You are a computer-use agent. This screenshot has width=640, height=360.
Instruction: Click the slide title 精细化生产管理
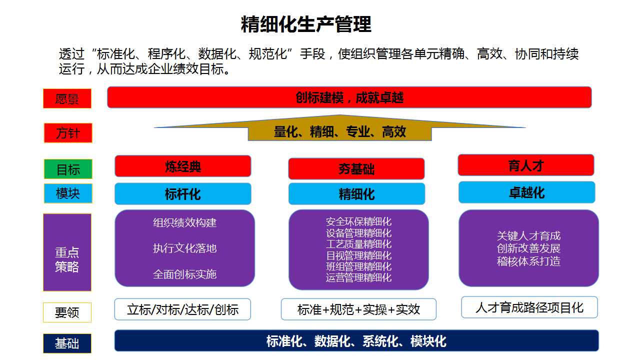pos(306,24)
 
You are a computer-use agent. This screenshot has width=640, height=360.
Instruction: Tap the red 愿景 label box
pos(67,98)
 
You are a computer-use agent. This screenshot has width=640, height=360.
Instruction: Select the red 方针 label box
pos(68,133)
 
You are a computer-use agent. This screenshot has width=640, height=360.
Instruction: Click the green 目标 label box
pos(68,169)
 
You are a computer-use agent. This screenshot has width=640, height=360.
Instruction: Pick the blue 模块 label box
pos(68,193)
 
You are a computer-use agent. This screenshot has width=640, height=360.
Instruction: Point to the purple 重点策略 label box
pos(67,252)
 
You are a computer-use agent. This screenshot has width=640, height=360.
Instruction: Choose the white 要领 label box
pos(67,312)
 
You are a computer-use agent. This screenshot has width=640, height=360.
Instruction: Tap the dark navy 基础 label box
pos(67,343)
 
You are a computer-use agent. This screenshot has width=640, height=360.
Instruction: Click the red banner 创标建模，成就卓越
pos(349,97)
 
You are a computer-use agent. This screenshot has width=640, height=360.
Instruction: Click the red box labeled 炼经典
pos(183,166)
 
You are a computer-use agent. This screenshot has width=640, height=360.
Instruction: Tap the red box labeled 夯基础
pos(356,168)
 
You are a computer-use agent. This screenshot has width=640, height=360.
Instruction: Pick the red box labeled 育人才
pos(526,165)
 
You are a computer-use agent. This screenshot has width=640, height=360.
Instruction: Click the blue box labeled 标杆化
pos(183,193)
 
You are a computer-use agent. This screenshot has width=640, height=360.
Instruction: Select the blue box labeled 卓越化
pos(527,192)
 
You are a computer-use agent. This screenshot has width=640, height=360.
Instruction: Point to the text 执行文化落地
pos(184,248)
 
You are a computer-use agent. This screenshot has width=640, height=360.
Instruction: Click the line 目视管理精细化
pos(358,255)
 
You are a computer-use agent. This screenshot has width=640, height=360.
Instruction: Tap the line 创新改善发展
pos(528,248)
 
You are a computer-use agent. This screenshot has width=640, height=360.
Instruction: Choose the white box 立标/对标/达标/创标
pos(182,309)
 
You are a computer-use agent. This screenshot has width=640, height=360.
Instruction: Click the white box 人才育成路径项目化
pos(529,307)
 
